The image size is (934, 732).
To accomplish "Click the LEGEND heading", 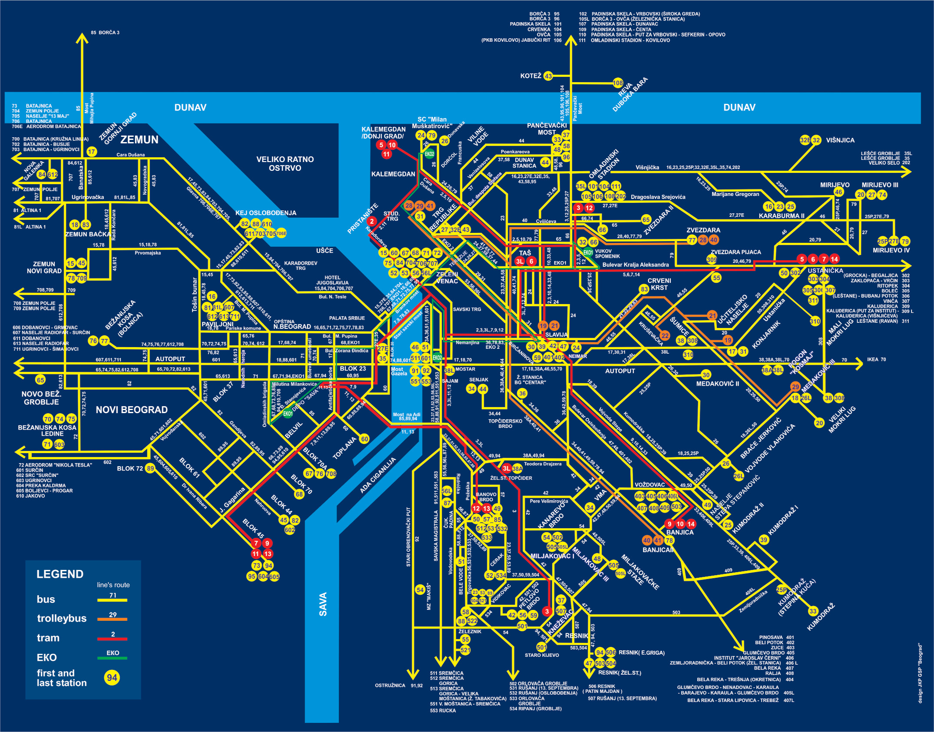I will pos(60,574).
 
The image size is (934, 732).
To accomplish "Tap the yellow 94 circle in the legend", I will pos(112,677).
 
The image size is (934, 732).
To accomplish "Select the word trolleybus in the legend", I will pos(62,618).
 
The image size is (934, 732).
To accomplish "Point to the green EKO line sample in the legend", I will pos(113,658).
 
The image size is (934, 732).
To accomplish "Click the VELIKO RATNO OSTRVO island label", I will pos(285,164).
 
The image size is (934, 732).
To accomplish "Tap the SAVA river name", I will pos(323,604).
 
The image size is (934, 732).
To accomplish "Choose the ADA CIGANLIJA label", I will pos(378,475).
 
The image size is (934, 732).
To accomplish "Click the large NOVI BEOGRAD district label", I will pos(132,410).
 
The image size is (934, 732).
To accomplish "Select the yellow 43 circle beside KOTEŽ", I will pos(548,76).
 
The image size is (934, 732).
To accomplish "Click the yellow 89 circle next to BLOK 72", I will pos(150,468).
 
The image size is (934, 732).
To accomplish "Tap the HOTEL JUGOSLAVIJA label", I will pos(333,283).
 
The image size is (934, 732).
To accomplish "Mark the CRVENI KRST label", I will pos(659,284).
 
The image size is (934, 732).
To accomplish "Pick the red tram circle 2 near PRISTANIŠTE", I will pos(372,221).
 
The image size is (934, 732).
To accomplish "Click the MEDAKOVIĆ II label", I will pos(717,384).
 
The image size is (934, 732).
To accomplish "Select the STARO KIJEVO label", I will pos(542,655).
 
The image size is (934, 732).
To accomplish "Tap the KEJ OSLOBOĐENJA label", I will pos(266,213).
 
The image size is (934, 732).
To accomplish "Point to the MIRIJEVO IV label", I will pos(891,250).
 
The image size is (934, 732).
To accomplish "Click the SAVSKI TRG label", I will pos(467,309).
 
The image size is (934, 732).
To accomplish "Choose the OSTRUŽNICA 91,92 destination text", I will pos(398,686).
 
